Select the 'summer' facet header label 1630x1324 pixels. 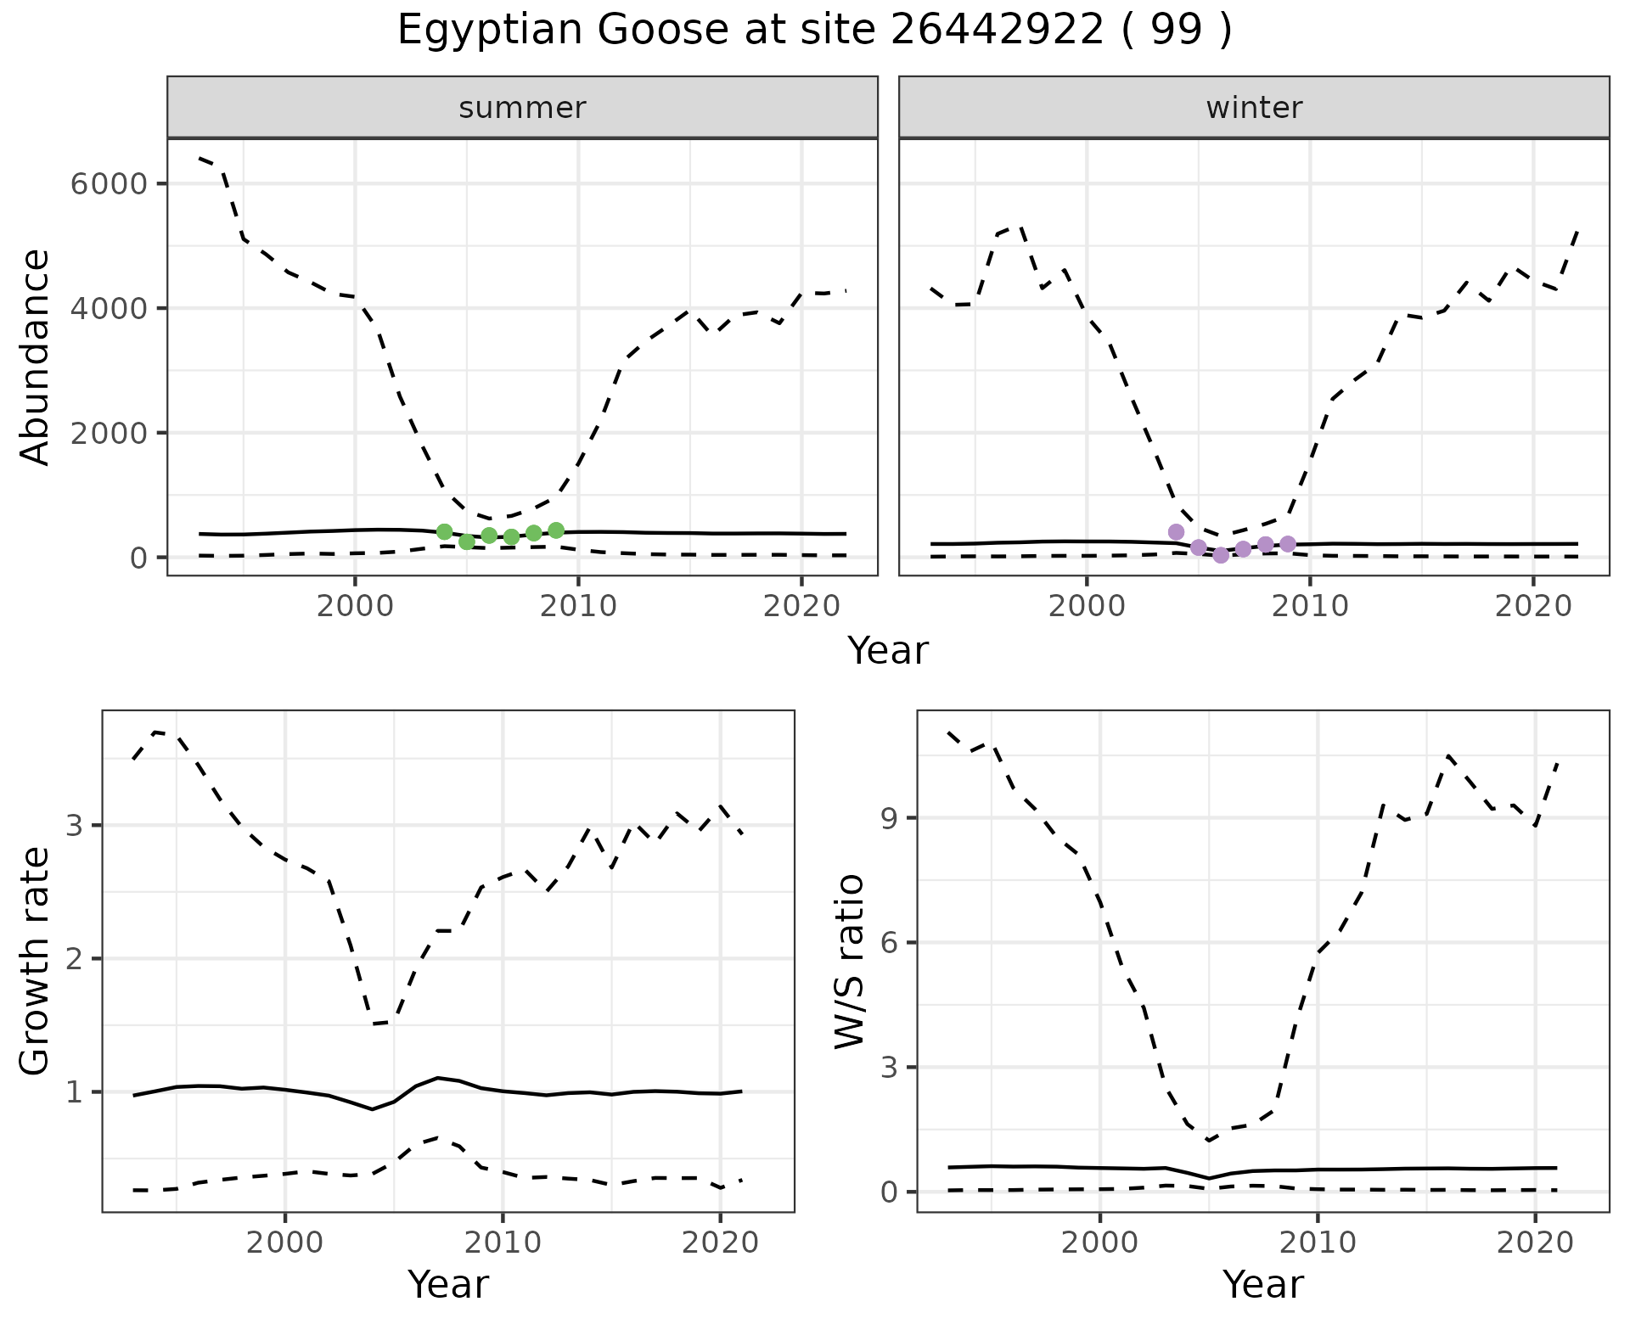coord(522,108)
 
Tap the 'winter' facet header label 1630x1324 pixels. coord(1254,108)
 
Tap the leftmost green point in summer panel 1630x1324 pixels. coord(444,532)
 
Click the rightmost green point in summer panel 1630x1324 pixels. coord(556,530)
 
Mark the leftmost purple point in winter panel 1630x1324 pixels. coord(1176,532)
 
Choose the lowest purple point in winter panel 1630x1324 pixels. coord(1221,555)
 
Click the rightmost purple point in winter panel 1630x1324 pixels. coord(1288,544)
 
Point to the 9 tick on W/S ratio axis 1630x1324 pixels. coord(889,818)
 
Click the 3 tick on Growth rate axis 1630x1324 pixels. coord(75,826)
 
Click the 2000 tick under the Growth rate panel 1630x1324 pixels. coord(285,1243)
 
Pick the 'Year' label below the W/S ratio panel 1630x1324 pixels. coord(1262,1284)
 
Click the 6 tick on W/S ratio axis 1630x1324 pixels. coord(889,943)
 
